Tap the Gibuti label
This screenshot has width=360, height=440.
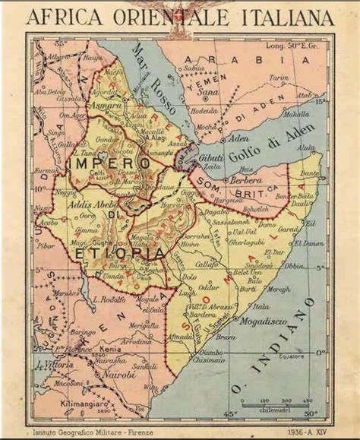211,157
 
